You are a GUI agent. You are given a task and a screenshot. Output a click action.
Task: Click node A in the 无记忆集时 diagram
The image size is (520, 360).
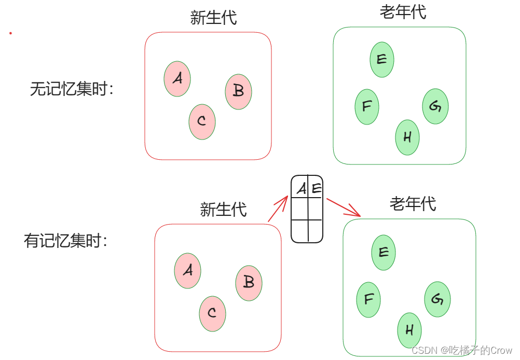click(177, 79)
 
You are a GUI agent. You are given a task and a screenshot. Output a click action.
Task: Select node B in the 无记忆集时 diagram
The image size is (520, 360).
click(238, 91)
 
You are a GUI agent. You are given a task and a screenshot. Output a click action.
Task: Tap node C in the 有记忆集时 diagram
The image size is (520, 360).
click(212, 313)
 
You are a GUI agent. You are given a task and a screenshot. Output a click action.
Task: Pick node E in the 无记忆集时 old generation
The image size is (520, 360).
click(382, 60)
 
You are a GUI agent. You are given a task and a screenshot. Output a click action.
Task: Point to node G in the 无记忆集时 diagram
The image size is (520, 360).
click(435, 106)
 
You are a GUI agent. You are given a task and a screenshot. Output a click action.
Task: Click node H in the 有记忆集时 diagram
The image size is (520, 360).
click(409, 330)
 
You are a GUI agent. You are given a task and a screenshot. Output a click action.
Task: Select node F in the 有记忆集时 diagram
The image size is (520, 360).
click(368, 299)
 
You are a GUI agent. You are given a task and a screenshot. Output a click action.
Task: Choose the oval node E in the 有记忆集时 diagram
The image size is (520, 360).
click(384, 253)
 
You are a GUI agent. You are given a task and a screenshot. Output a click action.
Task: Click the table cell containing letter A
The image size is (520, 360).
click(300, 188)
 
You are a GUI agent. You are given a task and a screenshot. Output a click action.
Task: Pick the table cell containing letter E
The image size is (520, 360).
click(316, 188)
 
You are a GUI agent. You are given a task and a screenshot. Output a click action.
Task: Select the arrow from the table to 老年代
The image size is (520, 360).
click(343, 207)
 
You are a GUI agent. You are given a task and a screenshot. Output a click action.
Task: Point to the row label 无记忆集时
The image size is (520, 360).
click(72, 89)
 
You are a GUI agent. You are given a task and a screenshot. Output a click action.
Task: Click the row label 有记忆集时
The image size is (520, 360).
click(66, 241)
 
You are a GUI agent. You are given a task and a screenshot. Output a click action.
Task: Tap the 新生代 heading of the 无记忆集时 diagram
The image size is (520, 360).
click(213, 18)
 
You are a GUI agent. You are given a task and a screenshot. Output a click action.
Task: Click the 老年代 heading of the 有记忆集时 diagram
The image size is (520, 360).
click(413, 204)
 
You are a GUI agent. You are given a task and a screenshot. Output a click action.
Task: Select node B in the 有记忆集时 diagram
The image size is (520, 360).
click(249, 283)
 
